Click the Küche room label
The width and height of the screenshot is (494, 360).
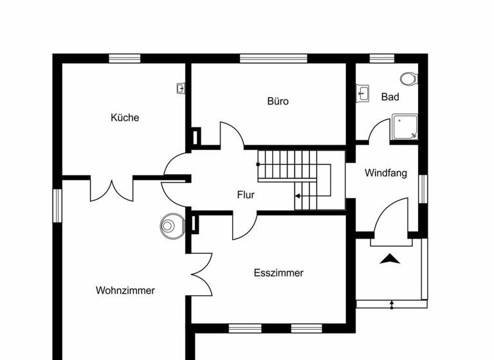(x=125, y=118)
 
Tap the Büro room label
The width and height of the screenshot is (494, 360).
(x=278, y=101)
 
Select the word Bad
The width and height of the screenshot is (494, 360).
(x=390, y=97)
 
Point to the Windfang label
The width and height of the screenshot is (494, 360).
(x=386, y=173)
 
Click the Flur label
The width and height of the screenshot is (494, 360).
(x=246, y=195)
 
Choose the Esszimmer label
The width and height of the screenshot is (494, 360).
(x=279, y=273)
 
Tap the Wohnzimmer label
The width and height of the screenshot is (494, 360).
(x=125, y=291)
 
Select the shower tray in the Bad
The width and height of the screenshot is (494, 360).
(x=405, y=128)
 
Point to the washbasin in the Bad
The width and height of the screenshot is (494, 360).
(x=363, y=94)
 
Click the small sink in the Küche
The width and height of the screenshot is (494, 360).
(x=181, y=89)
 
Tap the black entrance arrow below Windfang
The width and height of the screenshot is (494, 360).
(x=390, y=259)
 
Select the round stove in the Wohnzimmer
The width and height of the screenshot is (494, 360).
(x=169, y=225)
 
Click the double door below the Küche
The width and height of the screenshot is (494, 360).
(x=112, y=189)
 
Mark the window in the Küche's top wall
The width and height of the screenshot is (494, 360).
(x=124, y=59)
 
